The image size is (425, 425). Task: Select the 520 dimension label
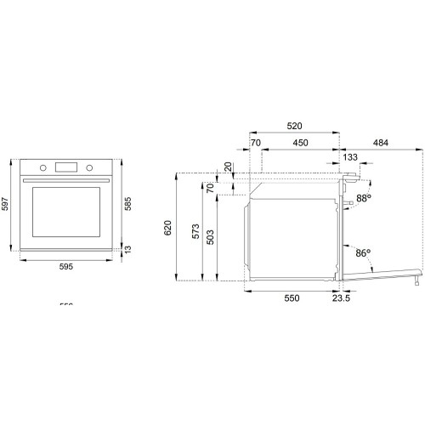(x=295, y=124)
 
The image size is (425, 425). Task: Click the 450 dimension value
(x=301, y=144)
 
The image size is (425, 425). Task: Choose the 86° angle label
(x=363, y=252)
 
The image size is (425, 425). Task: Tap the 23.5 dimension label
(x=342, y=298)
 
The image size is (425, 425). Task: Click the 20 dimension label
(x=227, y=167)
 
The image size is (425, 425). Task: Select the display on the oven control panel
(x=65, y=167)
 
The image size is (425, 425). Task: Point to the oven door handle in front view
(x=65, y=181)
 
